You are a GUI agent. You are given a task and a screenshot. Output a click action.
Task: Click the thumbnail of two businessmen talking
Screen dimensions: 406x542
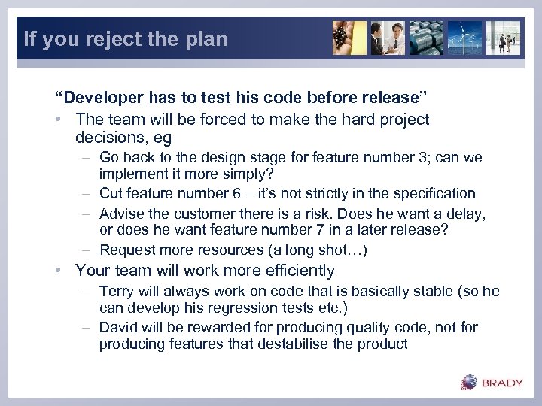click(388, 38)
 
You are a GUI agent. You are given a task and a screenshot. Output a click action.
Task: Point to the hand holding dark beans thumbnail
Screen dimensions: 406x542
click(349, 38)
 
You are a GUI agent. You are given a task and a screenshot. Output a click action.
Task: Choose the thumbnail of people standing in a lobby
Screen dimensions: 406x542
click(502, 38)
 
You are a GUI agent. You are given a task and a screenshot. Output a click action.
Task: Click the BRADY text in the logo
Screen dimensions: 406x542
click(502, 383)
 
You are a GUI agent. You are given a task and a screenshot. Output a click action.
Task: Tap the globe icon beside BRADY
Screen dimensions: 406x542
click(469, 382)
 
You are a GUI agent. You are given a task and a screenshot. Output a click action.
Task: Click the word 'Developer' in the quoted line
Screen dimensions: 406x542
click(94, 98)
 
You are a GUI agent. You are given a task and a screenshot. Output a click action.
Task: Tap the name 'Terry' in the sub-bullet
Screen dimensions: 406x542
click(116, 292)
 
